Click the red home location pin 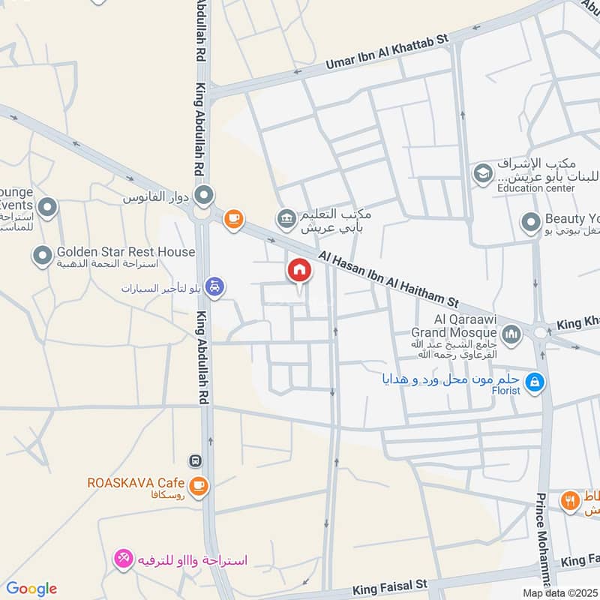pos(298,271)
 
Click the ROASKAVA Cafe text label pos(136,481)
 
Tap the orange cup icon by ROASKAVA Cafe pos(198,486)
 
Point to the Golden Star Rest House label pos(125,253)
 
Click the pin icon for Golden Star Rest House pos(42,257)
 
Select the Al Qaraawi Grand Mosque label pos(453,325)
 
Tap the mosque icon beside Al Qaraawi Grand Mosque pos(511,333)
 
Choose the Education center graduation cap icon pos(481,175)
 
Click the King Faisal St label pos(390,583)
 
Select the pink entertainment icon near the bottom pos(123,559)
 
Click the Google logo pos(31,589)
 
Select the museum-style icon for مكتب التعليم pos(286,219)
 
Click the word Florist pos(506,391)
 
